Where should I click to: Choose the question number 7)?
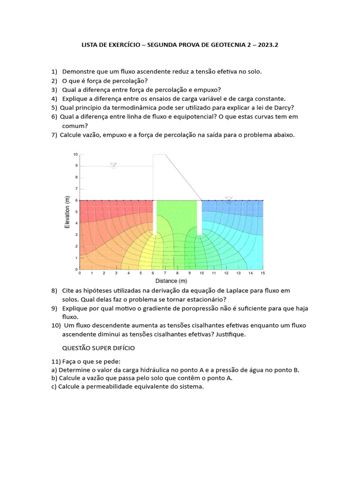point(54,135)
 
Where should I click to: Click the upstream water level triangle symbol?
point(113,165)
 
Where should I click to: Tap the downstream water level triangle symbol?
point(229,199)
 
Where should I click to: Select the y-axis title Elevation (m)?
point(67,212)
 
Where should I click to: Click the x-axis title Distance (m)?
point(171,281)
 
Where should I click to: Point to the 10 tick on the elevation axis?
point(75,154)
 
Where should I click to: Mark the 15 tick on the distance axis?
point(262,273)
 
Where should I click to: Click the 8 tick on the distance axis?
point(177,273)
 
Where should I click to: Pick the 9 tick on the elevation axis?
point(76,165)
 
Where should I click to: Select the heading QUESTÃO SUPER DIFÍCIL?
point(99,348)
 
